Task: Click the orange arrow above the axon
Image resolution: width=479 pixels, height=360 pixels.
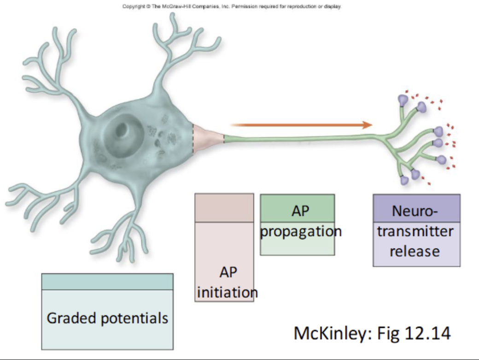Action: (302, 125)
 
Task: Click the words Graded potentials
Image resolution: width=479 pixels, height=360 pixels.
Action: (107, 318)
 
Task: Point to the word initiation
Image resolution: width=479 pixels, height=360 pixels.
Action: (227, 292)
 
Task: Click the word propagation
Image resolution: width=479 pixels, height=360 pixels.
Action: (301, 231)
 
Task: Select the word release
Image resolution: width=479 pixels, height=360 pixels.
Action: (415, 252)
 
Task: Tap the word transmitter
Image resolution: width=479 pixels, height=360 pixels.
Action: (415, 231)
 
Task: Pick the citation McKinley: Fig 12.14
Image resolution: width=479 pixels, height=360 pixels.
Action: (372, 333)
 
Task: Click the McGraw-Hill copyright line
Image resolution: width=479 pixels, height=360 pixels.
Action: (232, 6)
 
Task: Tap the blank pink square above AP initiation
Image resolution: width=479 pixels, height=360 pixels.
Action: (224, 208)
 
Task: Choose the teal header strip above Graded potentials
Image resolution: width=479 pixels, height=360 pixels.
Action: (107, 282)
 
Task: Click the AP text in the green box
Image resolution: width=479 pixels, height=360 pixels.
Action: (300, 211)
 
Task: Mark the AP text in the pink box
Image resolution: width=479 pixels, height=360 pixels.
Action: (228, 272)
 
